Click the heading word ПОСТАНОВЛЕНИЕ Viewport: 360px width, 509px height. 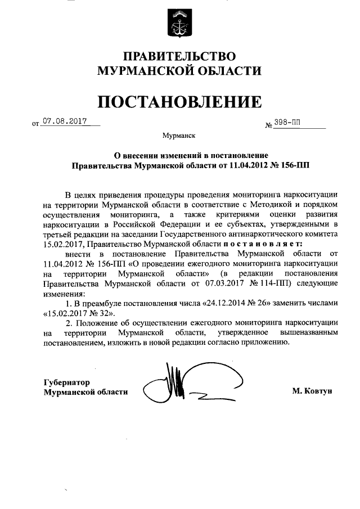180,101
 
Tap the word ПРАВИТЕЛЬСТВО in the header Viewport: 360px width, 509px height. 180,57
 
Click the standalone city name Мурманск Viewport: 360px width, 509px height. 179,136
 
